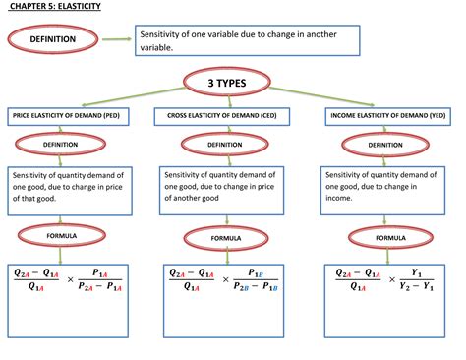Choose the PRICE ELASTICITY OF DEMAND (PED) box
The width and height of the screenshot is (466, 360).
[68, 116]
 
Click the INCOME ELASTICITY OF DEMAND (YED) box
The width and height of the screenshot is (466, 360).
[386, 116]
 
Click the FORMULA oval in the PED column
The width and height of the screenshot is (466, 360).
[54, 235]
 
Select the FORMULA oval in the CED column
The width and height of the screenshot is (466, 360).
[224, 237]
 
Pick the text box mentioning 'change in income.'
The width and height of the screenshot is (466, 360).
[386, 184]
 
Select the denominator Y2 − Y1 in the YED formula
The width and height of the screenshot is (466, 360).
[414, 287]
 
